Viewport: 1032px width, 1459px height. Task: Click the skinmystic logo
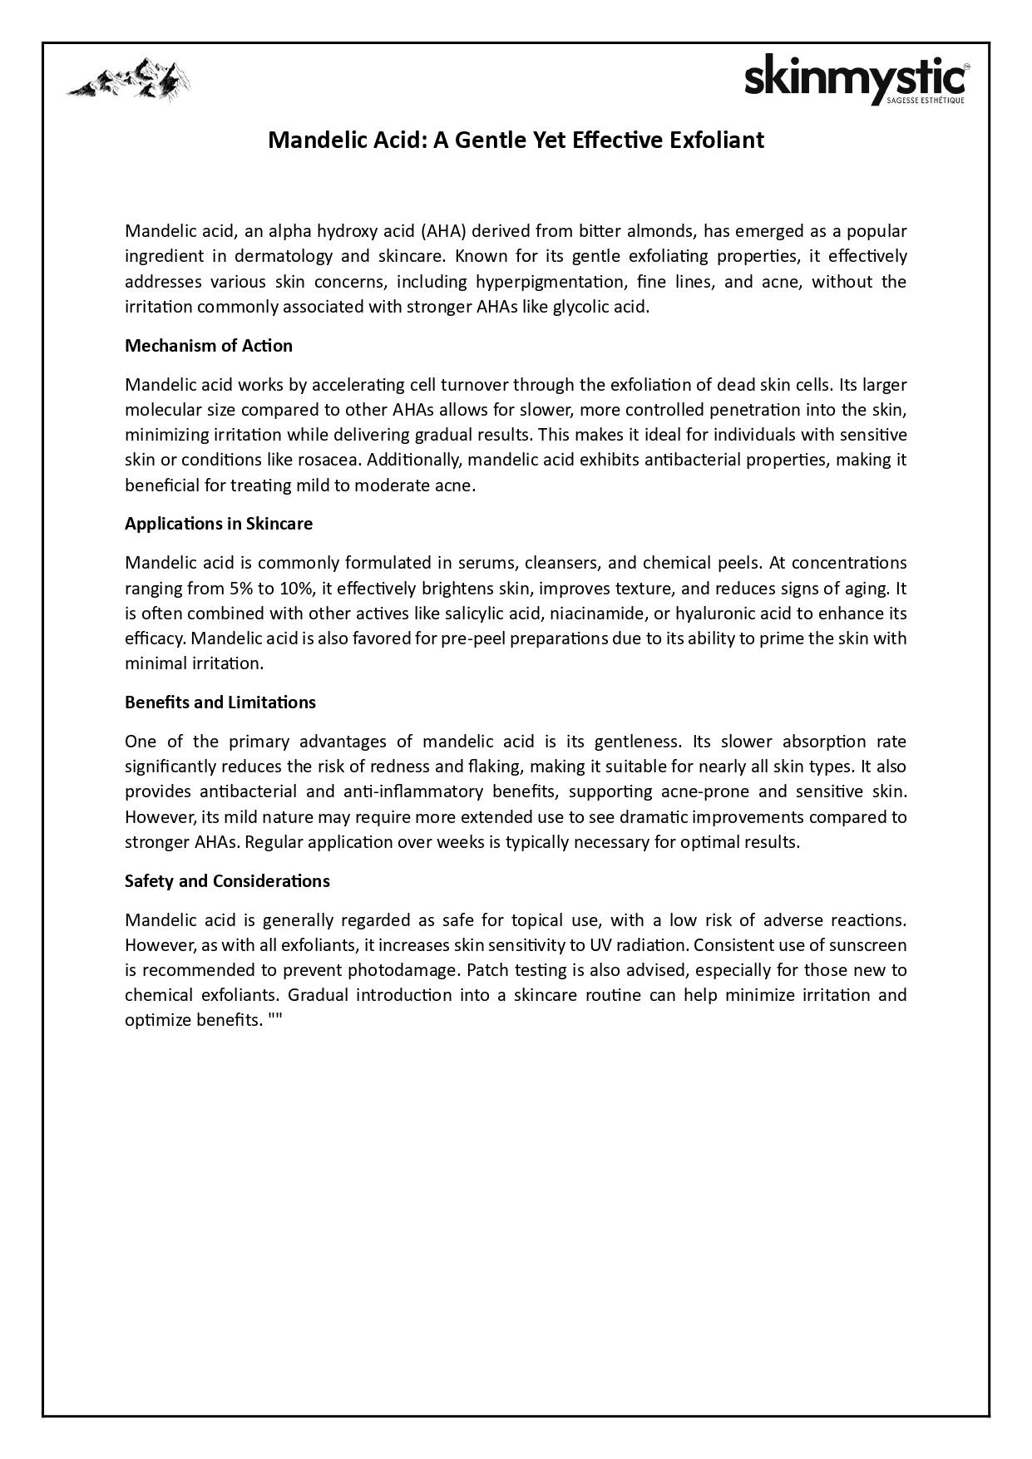pos(856,81)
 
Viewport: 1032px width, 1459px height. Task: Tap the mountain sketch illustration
pos(128,80)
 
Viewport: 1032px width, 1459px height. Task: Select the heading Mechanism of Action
pos(208,345)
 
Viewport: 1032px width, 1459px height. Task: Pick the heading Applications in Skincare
pos(218,524)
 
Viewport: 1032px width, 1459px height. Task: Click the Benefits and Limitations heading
pos(220,702)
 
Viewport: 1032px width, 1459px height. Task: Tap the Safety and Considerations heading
pos(227,881)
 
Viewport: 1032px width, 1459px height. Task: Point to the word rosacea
pos(325,460)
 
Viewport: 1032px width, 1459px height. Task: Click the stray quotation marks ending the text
pos(275,1020)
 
